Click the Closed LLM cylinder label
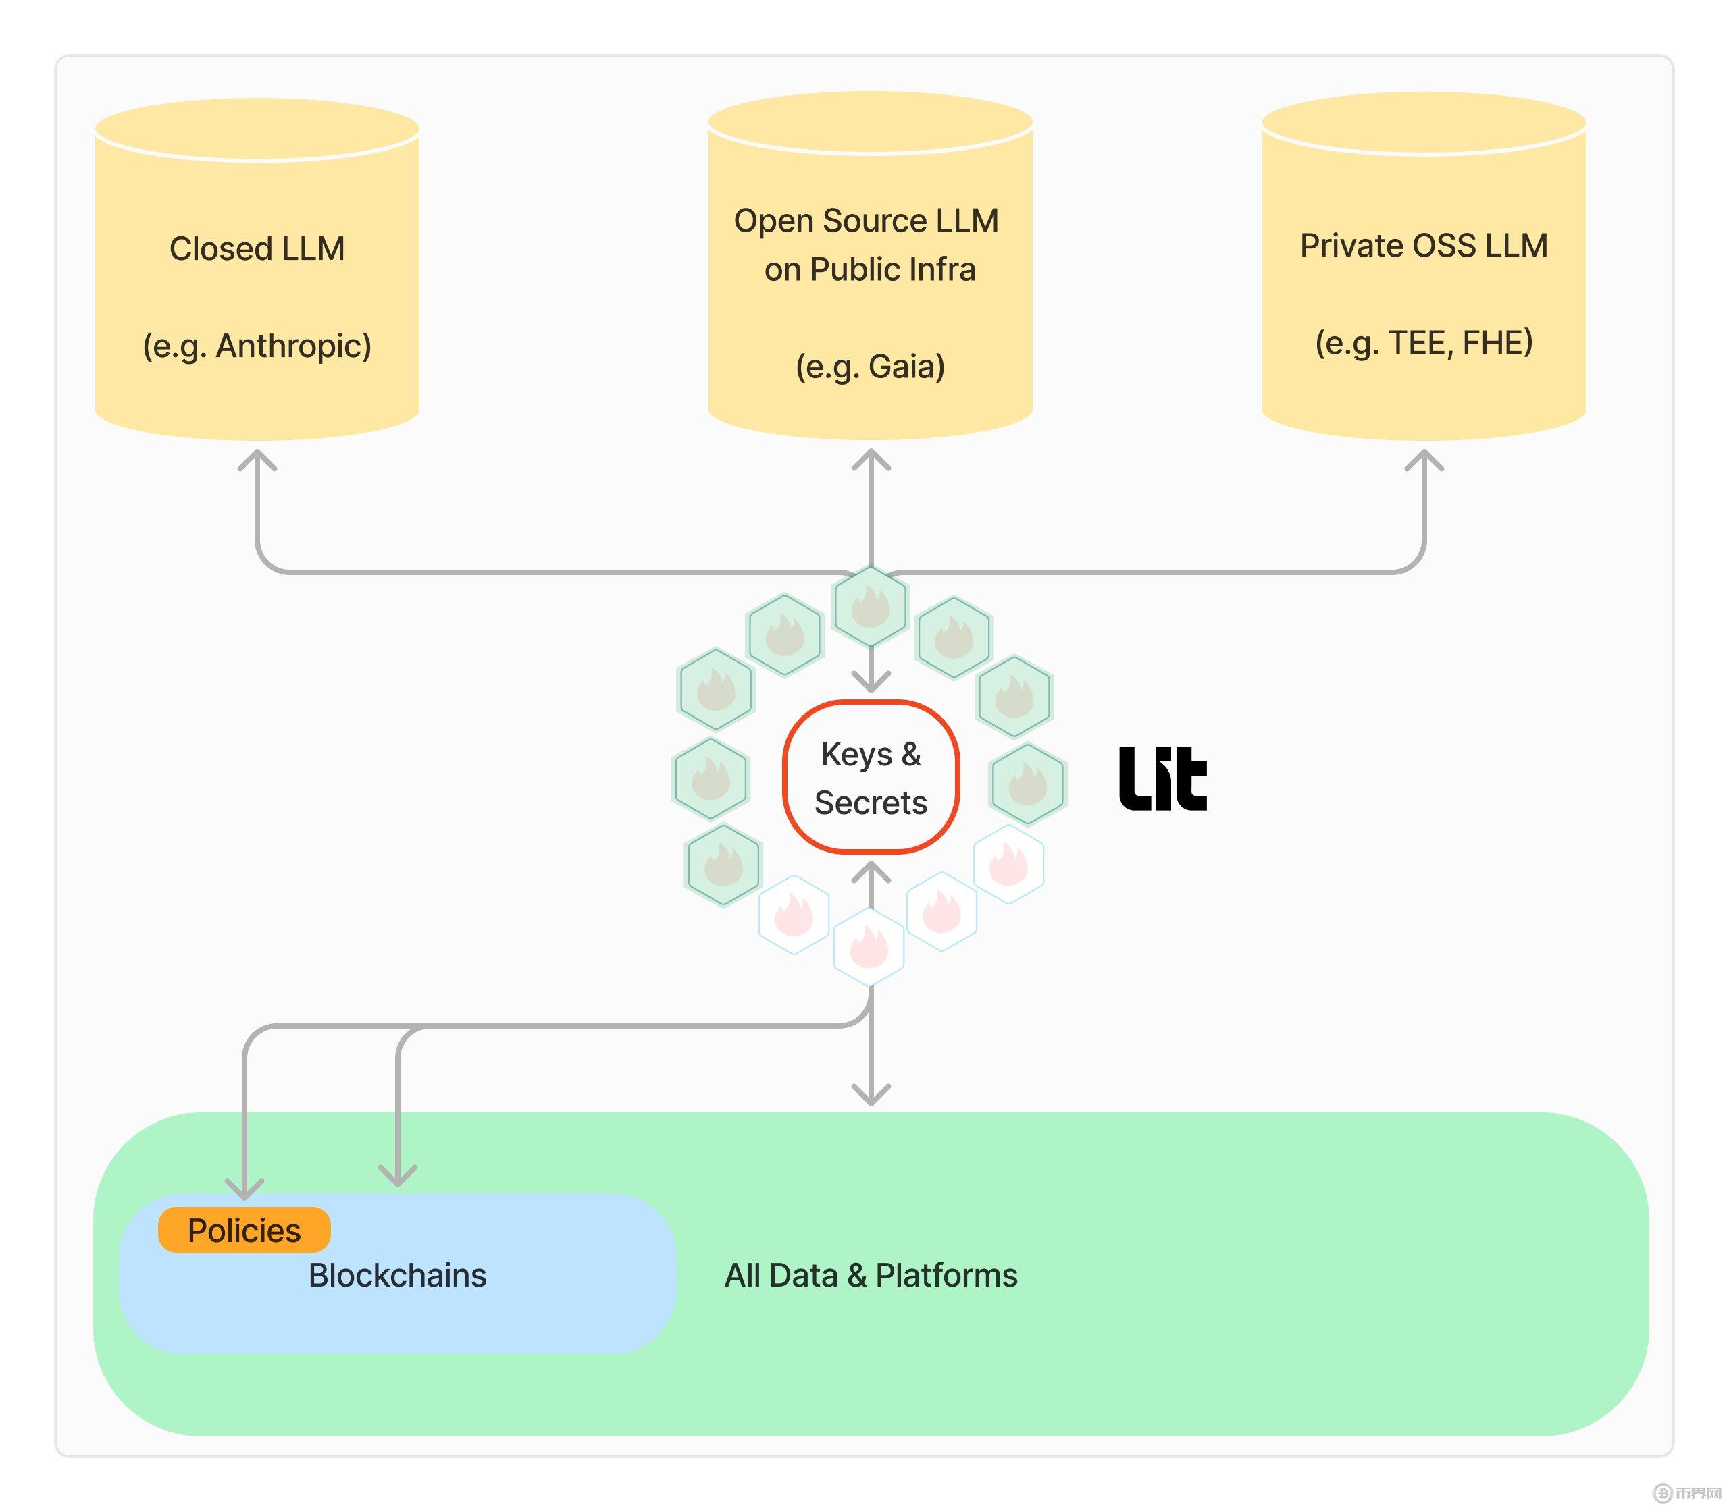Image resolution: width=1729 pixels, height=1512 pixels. click(x=257, y=249)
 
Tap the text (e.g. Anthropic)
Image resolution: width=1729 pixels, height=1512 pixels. click(x=257, y=346)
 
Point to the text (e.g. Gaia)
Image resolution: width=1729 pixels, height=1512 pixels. click(x=870, y=366)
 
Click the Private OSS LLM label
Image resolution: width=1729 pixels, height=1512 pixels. click(x=1424, y=246)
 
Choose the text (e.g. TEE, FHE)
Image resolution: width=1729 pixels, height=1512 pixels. click(x=1424, y=343)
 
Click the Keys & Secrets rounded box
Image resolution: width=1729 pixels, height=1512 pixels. click(x=871, y=777)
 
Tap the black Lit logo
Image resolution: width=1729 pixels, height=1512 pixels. click(x=1162, y=778)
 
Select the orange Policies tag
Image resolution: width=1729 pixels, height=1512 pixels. click(x=244, y=1229)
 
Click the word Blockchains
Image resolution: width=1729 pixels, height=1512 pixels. click(x=397, y=1275)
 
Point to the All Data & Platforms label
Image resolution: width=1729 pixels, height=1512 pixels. click(x=871, y=1275)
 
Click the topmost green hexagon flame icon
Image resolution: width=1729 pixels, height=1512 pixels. click(x=871, y=606)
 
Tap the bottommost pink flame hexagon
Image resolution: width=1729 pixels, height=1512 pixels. click(x=869, y=946)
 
